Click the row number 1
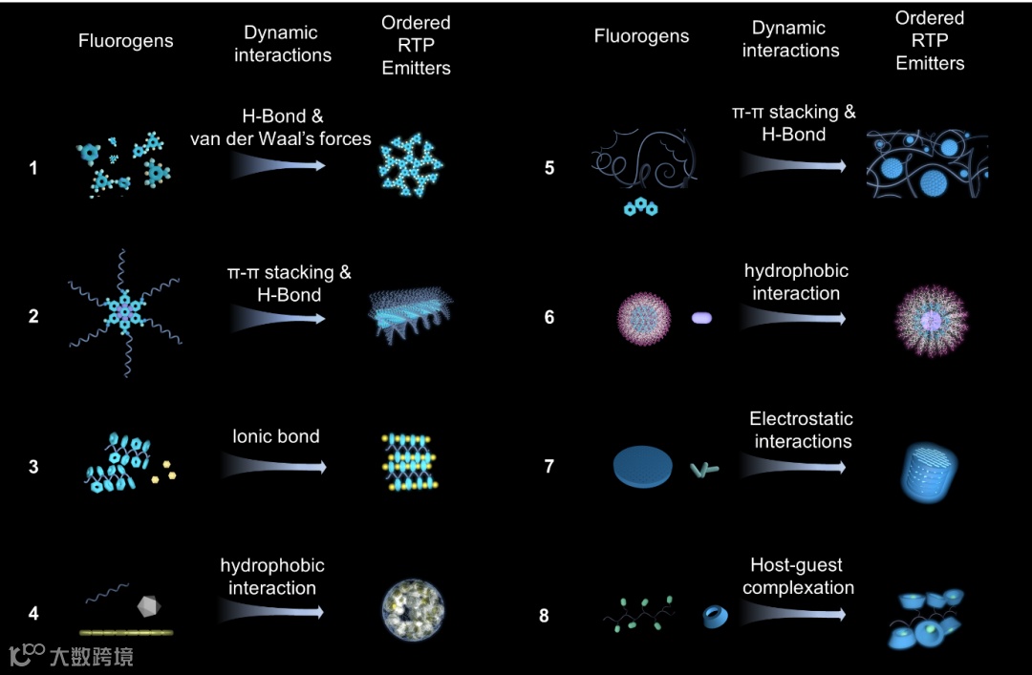click(33, 168)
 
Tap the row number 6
click(549, 317)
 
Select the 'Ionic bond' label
click(276, 436)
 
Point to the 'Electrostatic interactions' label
click(802, 430)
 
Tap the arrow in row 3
click(274, 465)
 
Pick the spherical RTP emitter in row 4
click(414, 609)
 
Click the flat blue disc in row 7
click(643, 464)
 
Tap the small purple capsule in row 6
click(702, 317)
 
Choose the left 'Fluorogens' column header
click(126, 42)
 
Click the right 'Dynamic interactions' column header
click(790, 39)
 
